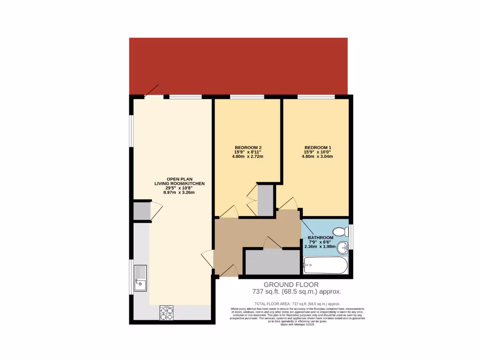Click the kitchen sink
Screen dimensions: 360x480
click(x=140, y=278)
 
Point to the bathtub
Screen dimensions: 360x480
click(x=326, y=266)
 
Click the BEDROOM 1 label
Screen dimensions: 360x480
click(x=317, y=148)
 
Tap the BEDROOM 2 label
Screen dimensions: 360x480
click(x=247, y=148)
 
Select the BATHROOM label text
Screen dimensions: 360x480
click(x=321, y=238)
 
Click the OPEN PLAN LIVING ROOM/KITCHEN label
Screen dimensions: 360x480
click(x=180, y=180)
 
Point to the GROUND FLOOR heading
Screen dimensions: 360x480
click(x=291, y=285)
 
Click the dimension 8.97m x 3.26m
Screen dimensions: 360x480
click(x=179, y=192)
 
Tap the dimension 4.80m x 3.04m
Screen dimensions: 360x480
click(x=317, y=157)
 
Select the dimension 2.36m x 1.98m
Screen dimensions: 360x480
click(x=321, y=247)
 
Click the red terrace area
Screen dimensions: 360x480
click(x=238, y=66)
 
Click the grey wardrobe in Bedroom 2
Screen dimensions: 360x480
click(x=265, y=200)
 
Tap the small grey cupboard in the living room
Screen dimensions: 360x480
click(x=141, y=212)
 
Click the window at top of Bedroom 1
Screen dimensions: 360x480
click(x=315, y=97)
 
